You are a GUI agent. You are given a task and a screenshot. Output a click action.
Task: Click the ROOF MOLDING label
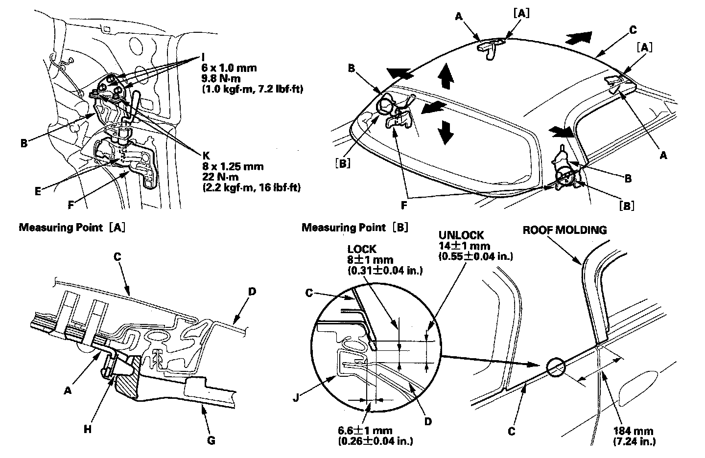click(564, 230)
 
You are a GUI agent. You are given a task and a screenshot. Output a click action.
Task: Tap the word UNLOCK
click(461, 235)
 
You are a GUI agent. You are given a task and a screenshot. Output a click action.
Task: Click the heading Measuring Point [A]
click(72, 228)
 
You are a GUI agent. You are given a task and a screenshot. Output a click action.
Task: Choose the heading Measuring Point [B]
click(355, 228)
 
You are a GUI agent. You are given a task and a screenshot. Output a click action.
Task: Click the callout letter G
click(211, 440)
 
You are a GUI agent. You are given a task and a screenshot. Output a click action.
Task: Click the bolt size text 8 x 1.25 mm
click(233, 166)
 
